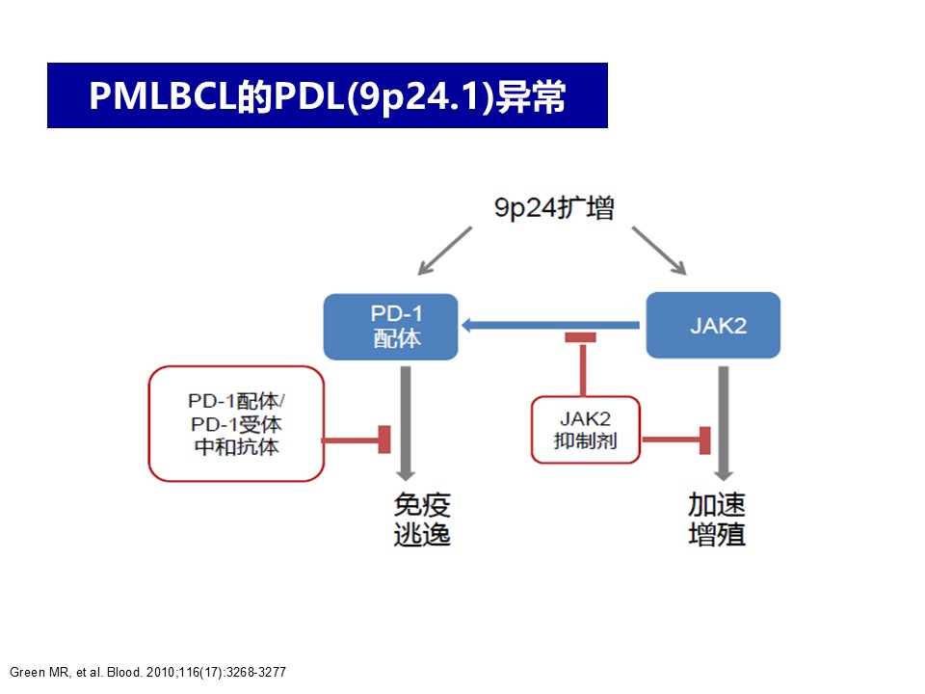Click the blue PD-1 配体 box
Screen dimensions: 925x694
click(x=390, y=327)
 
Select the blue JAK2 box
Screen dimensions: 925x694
click(x=713, y=325)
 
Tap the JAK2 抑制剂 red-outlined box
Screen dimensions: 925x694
click(x=586, y=430)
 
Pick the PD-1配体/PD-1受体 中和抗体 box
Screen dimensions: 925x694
click(x=236, y=424)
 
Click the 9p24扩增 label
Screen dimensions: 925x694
click(x=554, y=208)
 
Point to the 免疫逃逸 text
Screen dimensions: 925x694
click(x=422, y=520)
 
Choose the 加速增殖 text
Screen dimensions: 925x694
click(x=717, y=520)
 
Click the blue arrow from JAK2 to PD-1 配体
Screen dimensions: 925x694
click(x=550, y=325)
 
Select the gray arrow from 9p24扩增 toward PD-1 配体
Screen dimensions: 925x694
click(x=445, y=251)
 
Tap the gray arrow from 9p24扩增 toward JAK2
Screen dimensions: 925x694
click(x=659, y=251)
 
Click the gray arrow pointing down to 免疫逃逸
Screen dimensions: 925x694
click(x=406, y=423)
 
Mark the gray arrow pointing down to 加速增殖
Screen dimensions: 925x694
click(x=724, y=423)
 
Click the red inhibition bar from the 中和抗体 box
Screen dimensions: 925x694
click(x=356, y=440)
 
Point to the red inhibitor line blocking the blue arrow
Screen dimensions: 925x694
click(x=582, y=364)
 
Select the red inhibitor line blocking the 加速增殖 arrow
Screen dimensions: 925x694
click(x=676, y=440)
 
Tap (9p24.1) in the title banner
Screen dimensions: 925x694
click(x=420, y=96)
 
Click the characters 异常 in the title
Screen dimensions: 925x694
click(x=531, y=96)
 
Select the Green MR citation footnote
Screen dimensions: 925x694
click(x=148, y=672)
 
